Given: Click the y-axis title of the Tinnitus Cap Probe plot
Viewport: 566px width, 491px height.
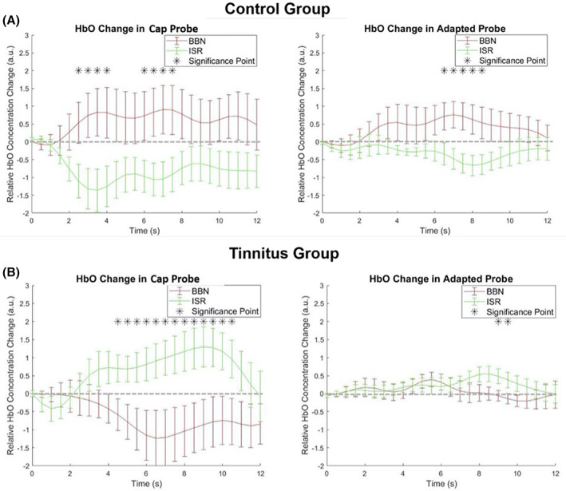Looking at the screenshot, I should click(9, 378).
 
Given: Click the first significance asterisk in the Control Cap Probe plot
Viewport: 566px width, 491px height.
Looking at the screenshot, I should click(78, 71).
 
